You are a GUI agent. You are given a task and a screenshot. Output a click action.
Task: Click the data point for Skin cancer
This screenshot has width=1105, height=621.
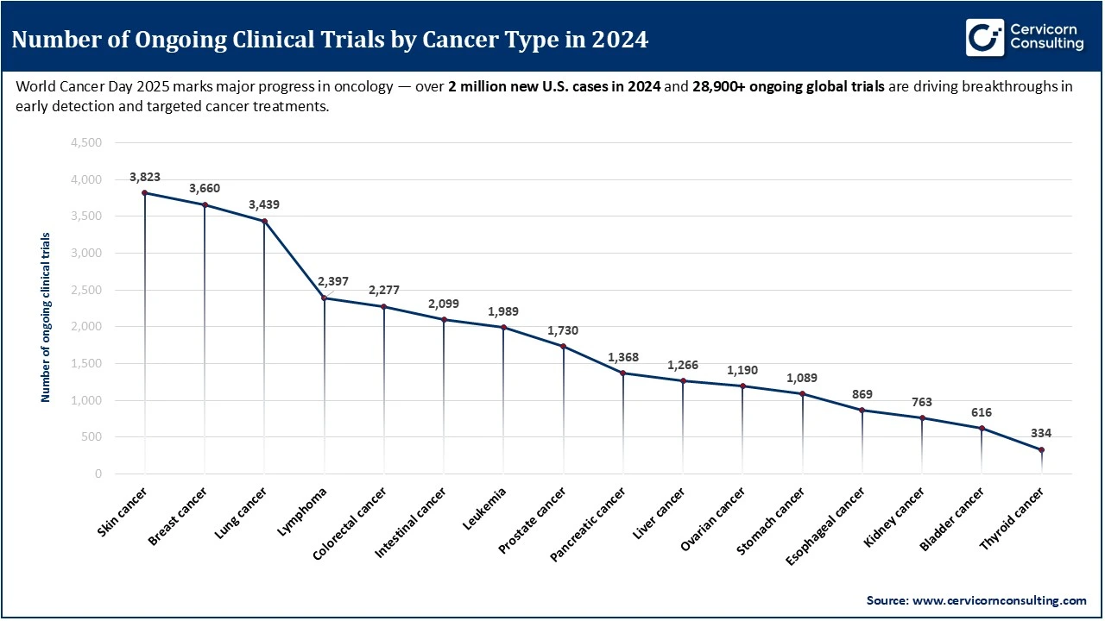tap(144, 193)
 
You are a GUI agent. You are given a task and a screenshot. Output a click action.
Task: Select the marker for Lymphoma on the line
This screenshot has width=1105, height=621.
tap(324, 298)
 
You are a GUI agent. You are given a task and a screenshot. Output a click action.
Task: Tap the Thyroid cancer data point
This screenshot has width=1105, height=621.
tap(1041, 449)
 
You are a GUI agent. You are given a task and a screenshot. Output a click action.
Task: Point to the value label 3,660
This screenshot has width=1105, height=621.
tap(205, 189)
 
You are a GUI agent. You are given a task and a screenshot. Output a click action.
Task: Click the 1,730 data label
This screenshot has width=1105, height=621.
tap(563, 330)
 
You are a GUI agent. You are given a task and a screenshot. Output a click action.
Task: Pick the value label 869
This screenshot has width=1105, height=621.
tap(862, 394)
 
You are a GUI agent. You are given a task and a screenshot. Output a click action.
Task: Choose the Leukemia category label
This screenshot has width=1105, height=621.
tap(484, 509)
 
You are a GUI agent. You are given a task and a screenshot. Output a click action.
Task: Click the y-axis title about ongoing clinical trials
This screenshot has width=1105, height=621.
tap(46, 317)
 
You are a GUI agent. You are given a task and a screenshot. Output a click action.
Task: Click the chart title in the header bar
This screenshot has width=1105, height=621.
tap(331, 40)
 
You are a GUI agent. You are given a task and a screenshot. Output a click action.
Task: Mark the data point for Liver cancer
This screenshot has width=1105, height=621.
tap(683, 380)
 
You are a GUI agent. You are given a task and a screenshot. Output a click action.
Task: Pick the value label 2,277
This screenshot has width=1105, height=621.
tap(383, 291)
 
